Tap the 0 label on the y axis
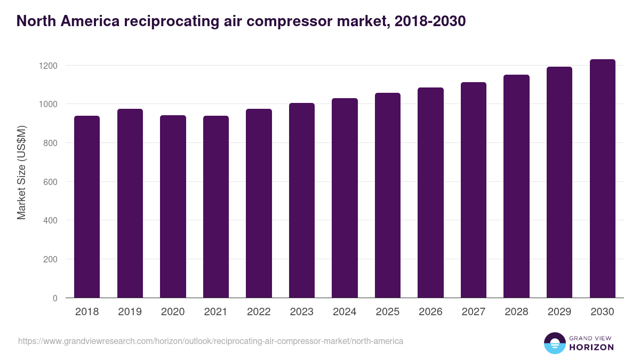point(55,298)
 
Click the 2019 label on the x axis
point(130,312)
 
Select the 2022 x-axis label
point(259,312)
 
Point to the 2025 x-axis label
point(388,312)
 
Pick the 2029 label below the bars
point(559,312)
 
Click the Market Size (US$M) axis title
point(21,172)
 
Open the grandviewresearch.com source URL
point(211,341)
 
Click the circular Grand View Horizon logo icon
point(554,343)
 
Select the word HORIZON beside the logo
point(592,347)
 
